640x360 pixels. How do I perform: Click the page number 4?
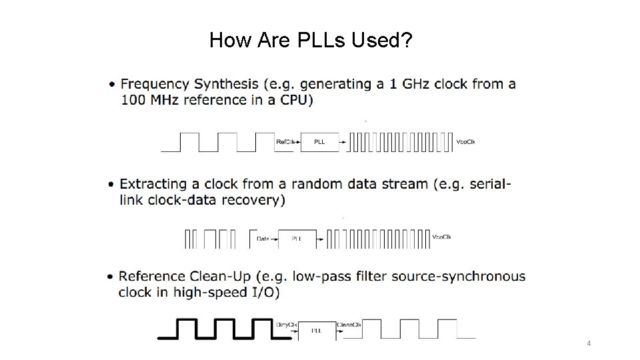coord(589,343)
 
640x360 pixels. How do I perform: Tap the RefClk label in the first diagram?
coord(285,141)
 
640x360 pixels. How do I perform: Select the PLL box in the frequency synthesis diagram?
coord(319,142)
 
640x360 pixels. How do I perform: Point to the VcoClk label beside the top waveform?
coord(465,141)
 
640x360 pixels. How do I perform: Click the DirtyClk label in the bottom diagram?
coord(287,325)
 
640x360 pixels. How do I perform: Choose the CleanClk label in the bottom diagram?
coord(350,325)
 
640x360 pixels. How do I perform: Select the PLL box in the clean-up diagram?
coord(317,331)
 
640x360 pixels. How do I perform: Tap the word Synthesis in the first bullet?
coord(227,85)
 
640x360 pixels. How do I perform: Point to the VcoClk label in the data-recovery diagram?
coord(442,237)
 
